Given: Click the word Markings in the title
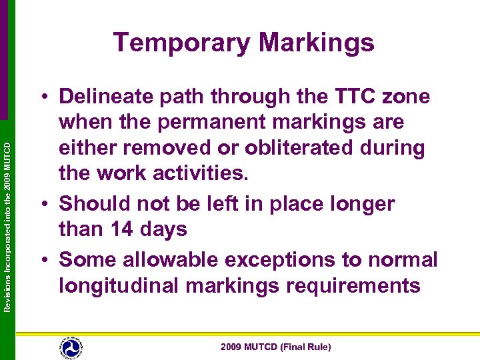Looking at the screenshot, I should point(317,43).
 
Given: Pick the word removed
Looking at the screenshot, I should point(168,148).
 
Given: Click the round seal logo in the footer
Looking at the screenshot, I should point(70,347).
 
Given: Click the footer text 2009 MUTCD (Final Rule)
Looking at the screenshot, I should point(276,347).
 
